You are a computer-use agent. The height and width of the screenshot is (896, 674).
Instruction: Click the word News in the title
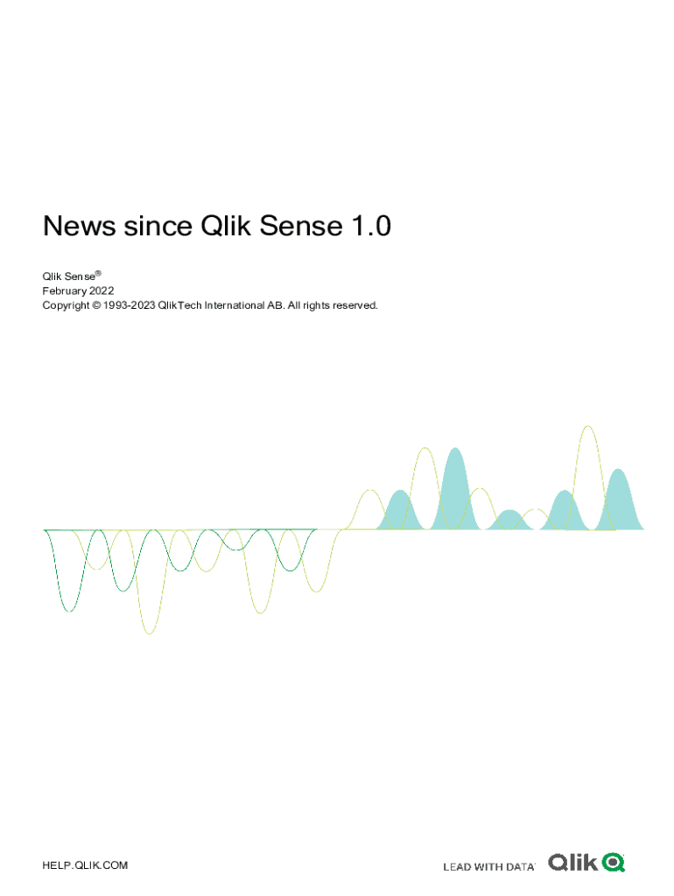80,226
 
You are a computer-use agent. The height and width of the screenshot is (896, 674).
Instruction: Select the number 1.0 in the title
371,226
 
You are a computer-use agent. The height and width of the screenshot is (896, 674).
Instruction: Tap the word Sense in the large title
301,226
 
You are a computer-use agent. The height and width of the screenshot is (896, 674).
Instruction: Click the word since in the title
158,226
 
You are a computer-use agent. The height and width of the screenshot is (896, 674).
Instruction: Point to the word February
65,291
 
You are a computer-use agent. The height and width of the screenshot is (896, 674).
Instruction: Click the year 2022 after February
102,290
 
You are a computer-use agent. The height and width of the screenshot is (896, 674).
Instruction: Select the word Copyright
66,305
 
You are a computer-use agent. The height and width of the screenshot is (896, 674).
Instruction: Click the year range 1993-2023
130,305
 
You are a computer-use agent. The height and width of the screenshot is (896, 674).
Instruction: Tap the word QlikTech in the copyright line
180,305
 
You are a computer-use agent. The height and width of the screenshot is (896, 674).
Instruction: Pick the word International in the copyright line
235,305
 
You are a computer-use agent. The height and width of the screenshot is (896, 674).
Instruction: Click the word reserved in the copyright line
355,305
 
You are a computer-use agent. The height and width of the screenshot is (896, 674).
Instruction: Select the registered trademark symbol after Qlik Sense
98,274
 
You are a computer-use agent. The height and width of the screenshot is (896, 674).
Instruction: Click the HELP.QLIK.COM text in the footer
85,865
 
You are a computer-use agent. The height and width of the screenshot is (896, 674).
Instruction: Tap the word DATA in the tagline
520,867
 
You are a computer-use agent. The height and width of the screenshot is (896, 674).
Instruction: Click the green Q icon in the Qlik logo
614,862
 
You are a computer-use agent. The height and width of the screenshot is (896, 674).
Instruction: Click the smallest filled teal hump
510,521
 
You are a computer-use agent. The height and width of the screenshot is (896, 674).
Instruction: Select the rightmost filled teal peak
619,503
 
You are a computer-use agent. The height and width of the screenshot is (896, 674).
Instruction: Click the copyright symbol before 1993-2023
96,305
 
